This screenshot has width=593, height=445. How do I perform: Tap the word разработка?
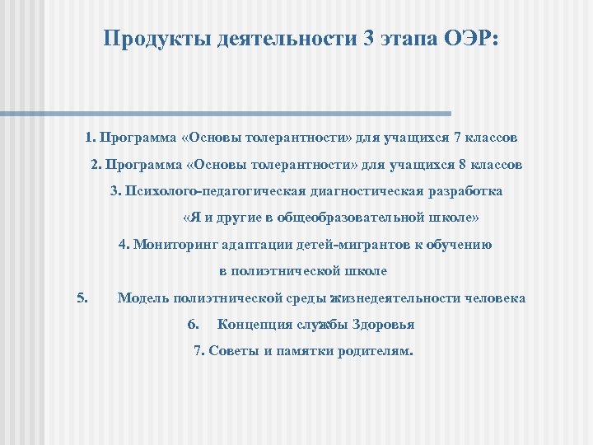pyautogui.click(x=465, y=191)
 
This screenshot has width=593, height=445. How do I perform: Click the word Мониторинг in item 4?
pyautogui.click(x=170, y=244)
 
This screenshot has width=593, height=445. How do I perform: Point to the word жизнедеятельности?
pyautogui.click(x=395, y=297)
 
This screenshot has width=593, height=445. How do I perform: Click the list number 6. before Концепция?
pyautogui.click(x=194, y=324)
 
